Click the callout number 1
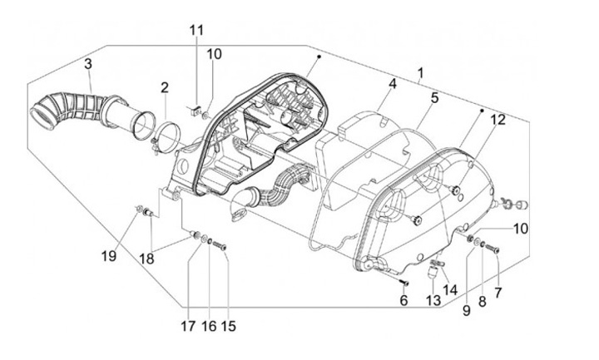coord(420,73)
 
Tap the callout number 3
coord(87,63)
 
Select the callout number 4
coord(392,83)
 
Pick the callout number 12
coord(497,120)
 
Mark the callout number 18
coord(146,259)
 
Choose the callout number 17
coord(189,326)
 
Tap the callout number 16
coord(209,326)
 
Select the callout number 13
coord(433,299)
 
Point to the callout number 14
coord(451,290)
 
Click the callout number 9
coord(467,310)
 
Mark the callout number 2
coord(165,87)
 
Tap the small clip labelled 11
coord(198,106)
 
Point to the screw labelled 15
coord(220,245)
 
